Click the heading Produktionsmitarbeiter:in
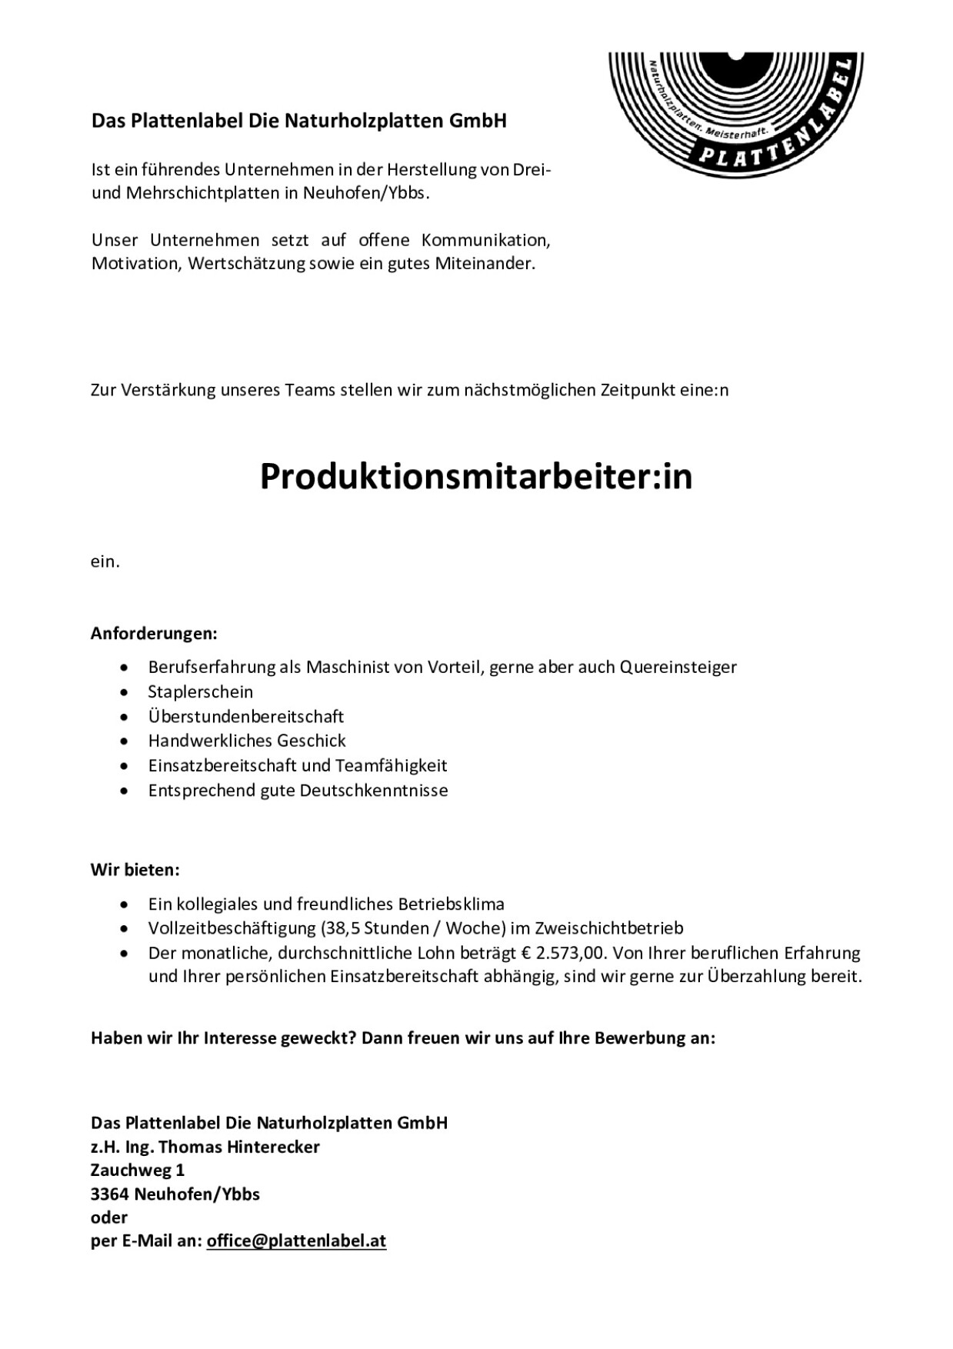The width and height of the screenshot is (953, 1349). tap(476, 477)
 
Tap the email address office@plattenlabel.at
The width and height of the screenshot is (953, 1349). tap(296, 1241)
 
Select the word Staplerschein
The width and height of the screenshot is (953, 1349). tap(201, 691)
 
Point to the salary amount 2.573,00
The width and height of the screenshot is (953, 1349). tap(570, 953)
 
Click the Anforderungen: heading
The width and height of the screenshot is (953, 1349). tap(154, 634)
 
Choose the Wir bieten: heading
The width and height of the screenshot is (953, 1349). tap(135, 870)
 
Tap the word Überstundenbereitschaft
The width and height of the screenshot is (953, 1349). tap(246, 716)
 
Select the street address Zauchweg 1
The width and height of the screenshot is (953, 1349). tap(138, 1170)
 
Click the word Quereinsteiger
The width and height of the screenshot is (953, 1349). tap(678, 667)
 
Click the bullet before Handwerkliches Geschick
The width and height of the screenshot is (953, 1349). tap(125, 741)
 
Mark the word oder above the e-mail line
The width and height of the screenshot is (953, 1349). tap(109, 1217)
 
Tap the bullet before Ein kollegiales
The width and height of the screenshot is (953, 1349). tap(125, 904)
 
